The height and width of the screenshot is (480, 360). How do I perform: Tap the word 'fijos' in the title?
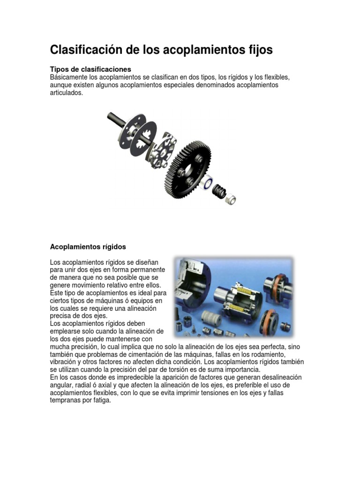(x=257, y=50)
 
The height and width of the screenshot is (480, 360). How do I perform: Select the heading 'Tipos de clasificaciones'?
(x=90, y=69)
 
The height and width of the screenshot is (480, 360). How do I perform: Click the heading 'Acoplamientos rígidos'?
(x=88, y=246)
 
